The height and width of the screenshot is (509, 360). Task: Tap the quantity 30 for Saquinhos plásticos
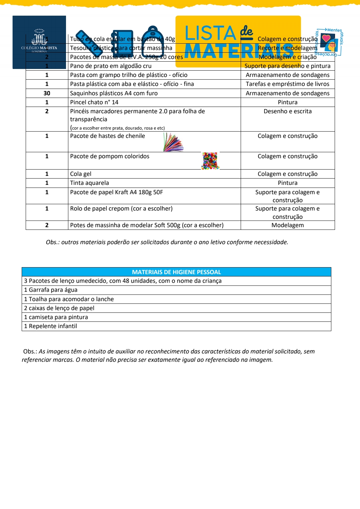point(47,93)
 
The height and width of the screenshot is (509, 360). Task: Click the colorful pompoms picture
point(210,161)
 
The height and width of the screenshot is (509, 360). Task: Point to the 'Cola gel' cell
point(81,174)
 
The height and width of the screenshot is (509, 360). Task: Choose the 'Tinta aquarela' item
point(89,183)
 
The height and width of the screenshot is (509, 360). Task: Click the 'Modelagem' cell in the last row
point(287,225)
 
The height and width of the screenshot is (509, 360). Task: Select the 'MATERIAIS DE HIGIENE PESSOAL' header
point(176,272)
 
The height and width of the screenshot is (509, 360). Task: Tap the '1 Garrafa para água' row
point(51,290)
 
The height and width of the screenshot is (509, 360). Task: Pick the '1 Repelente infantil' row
point(50,326)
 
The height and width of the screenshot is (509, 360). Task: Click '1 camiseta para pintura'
point(56,317)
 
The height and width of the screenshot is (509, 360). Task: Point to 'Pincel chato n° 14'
point(94,102)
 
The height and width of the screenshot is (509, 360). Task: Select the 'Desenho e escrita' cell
point(287,111)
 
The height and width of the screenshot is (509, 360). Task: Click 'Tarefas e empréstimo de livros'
point(287,84)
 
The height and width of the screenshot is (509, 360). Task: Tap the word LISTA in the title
point(210,33)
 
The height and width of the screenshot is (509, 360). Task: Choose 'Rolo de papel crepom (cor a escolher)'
point(121,209)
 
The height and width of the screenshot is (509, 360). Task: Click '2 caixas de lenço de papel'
point(59,308)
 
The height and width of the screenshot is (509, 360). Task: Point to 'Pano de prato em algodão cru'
point(111,66)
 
